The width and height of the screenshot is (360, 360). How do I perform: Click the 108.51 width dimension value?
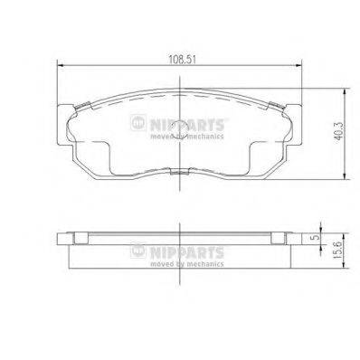pos(182,60)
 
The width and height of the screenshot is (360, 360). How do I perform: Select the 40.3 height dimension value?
pos(339,131)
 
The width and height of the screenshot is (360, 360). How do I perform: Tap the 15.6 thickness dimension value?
pos(339,250)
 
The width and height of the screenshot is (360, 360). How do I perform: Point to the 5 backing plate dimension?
pos(316,237)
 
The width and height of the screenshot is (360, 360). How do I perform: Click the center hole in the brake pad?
pos(180,129)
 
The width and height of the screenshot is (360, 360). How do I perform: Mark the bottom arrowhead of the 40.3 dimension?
pos(345,175)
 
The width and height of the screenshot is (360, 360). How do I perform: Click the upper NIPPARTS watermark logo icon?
pos(138,122)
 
